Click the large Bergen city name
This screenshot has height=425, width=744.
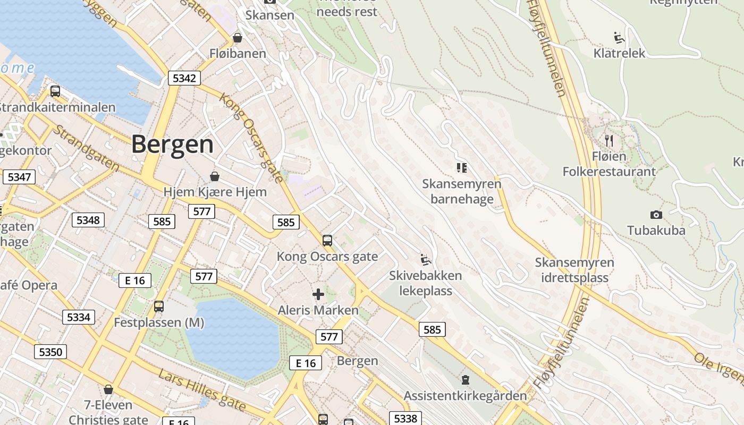coord(172,144)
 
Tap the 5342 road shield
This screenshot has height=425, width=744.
coord(184,78)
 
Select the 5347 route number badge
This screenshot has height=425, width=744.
coord(19,176)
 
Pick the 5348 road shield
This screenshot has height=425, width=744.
coord(88,219)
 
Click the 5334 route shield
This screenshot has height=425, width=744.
coord(79,317)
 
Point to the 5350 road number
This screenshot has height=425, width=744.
coord(51,351)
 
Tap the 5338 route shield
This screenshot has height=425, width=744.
coord(405,418)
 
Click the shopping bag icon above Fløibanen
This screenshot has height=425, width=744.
coord(238,38)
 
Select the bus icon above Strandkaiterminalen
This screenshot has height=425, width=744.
coord(55,91)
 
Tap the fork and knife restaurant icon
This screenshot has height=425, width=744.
coord(609,141)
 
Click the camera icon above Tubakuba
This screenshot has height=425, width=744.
coord(656,215)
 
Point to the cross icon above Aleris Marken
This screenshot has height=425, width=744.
coord(318,294)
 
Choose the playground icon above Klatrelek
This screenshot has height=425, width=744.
coord(619,37)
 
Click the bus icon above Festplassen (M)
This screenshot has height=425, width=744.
coord(158,307)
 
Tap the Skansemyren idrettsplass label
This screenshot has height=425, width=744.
coord(574,270)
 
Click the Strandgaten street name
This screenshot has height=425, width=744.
coord(86,148)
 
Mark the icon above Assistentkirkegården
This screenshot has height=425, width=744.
coord(466,380)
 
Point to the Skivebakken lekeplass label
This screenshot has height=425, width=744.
coord(425,283)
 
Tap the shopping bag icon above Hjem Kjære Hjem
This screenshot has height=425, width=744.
coord(215,176)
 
